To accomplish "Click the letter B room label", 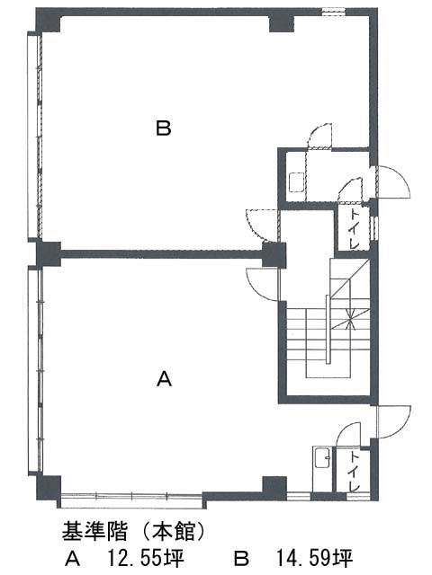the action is coord(164,128).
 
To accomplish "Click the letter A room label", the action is coord(164,379).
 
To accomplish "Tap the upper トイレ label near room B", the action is coord(354,229).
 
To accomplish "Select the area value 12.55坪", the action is coord(145,559).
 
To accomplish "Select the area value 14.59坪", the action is coord(314,559).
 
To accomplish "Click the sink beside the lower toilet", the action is coord(322,457).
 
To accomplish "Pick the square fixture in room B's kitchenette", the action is coord(296,181).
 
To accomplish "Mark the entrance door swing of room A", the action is coord(263,285).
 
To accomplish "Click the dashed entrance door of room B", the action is coord(263,226).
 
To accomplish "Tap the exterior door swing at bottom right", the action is coord(393,421).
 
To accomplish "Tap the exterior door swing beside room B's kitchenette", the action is coord(393,181).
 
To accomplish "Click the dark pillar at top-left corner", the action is coord(48,20).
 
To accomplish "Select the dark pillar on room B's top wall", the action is coord(282,22).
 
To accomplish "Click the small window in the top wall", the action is coord(334,12).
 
